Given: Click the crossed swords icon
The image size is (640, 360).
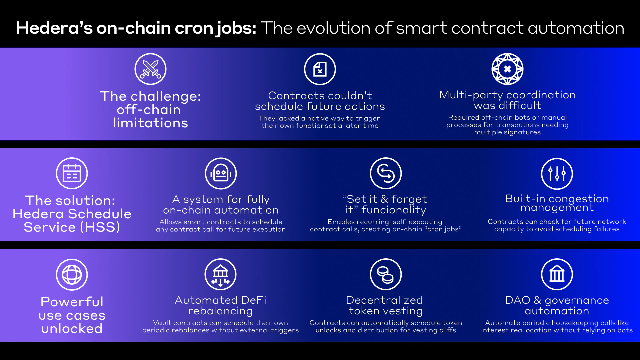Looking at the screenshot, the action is point(150,69).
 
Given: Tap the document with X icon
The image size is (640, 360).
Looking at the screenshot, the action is point(320,69).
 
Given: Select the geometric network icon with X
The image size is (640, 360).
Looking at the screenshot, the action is point(507,69).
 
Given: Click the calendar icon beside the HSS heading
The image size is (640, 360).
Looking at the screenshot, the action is point(72,173).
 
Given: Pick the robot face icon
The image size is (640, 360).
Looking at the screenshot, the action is point(221,173).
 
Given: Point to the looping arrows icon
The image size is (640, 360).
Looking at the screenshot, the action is point(386,173).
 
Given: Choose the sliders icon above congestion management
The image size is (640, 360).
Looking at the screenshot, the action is point(557,174).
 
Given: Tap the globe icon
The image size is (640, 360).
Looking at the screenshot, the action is point(72,275).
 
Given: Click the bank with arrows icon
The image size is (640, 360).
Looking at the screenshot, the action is point(220,274).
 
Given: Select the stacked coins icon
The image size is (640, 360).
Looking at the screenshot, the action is point(386,274).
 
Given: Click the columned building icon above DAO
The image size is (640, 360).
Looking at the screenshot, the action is point(557,274).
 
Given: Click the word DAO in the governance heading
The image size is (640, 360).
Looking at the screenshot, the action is point(518,300).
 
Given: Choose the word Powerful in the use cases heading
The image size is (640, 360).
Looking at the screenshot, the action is point(72,302).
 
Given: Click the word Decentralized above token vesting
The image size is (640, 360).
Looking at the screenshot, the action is point(384,300).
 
